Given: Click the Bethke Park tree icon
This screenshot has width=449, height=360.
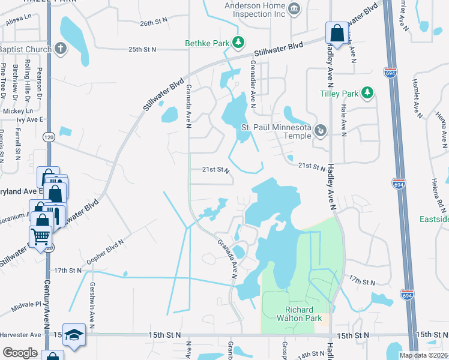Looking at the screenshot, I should coord(239,42).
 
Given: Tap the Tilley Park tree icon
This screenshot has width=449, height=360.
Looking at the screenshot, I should coord(367,93).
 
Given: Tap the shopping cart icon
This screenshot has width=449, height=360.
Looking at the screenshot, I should coord(41,236).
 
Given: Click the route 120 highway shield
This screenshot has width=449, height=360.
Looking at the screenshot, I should coord(49,137).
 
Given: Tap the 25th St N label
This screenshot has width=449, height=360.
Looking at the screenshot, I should coord(142,49).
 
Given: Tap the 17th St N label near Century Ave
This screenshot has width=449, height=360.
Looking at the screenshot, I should coord(66,271).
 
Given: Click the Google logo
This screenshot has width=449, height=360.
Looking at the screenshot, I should coord(20,353).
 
